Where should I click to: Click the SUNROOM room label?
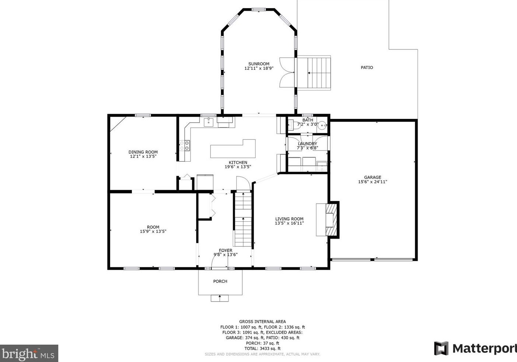click(259, 64)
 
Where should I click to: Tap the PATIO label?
click(367, 67)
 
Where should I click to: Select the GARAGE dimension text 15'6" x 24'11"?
click(373, 182)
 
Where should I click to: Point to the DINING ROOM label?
click(143, 152)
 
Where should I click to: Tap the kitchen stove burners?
click(184, 145)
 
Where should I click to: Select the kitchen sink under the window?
click(209, 122)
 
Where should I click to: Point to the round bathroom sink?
click(323, 125)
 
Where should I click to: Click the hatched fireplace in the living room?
click(331, 219)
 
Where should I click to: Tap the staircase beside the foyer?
click(243, 219)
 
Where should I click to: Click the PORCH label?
click(220, 281)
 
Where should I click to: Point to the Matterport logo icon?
click(441, 348)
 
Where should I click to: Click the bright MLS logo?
click(29, 353)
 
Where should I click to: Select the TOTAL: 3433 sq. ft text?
click(263, 348)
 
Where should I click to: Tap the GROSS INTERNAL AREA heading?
click(263, 321)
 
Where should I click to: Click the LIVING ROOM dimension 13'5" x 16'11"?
click(289, 223)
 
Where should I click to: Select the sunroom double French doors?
click(287, 72)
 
